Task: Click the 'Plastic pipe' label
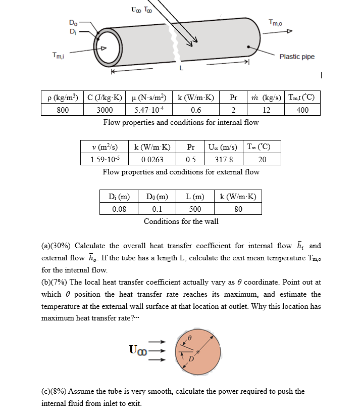pyautogui.click(x=297, y=57)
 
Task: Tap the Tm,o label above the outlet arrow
pyautogui.click(x=276, y=22)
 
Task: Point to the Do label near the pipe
pyautogui.click(x=73, y=22)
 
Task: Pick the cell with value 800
pyautogui.click(x=62, y=110)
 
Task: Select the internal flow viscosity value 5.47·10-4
pyautogui.click(x=146, y=110)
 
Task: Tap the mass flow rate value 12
pyautogui.click(x=266, y=110)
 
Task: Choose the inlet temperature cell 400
pyautogui.click(x=302, y=110)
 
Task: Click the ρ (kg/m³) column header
pyautogui.click(x=62, y=98)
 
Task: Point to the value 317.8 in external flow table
pyautogui.click(x=224, y=159)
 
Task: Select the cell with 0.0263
pyautogui.click(x=152, y=159)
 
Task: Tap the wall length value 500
pyautogui.click(x=195, y=209)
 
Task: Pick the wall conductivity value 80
pyautogui.click(x=238, y=209)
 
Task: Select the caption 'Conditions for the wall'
pyautogui.click(x=181, y=221)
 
